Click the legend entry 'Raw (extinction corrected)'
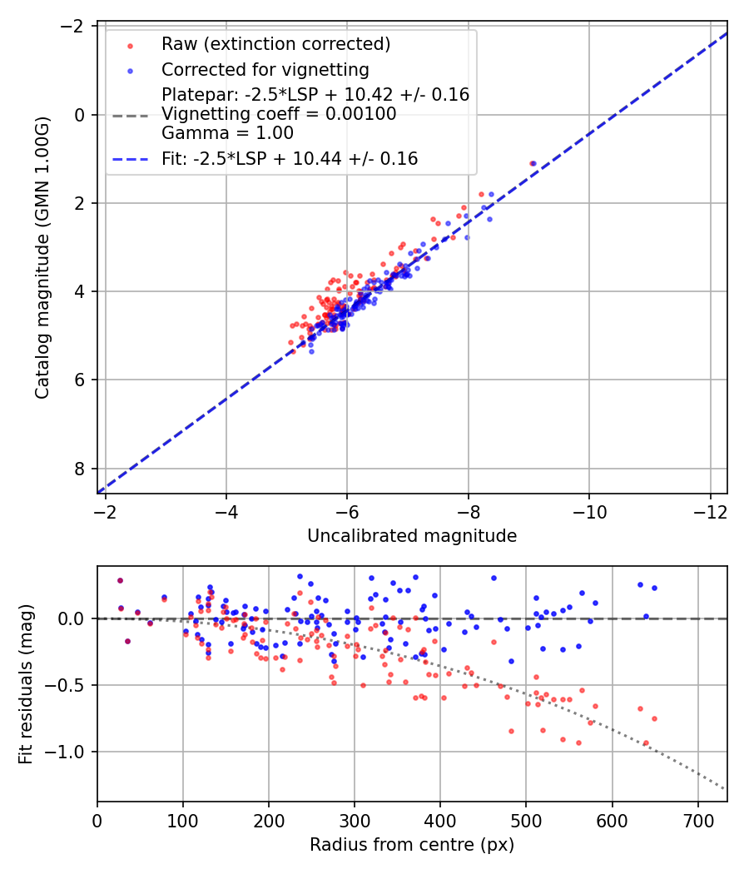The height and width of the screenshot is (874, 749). pos(275,44)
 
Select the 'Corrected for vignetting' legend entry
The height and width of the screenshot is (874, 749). pos(265,69)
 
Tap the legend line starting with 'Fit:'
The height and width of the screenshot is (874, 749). pos(290,158)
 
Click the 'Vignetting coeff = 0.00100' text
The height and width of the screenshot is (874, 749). pos(279,114)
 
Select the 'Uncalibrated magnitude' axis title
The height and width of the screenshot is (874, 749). pos(412,536)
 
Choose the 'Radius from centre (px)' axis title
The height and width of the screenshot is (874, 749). pos(412,845)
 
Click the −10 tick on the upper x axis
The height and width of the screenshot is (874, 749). pos(589,509)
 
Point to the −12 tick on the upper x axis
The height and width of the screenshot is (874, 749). pos(710,509)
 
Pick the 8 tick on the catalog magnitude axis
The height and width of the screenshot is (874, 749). pos(79,469)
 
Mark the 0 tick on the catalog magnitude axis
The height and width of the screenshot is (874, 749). pos(79,114)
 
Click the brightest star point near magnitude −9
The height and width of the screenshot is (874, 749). pos(533,163)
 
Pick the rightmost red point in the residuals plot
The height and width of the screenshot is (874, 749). pos(654,718)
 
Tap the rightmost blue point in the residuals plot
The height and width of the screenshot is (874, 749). pos(654,588)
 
